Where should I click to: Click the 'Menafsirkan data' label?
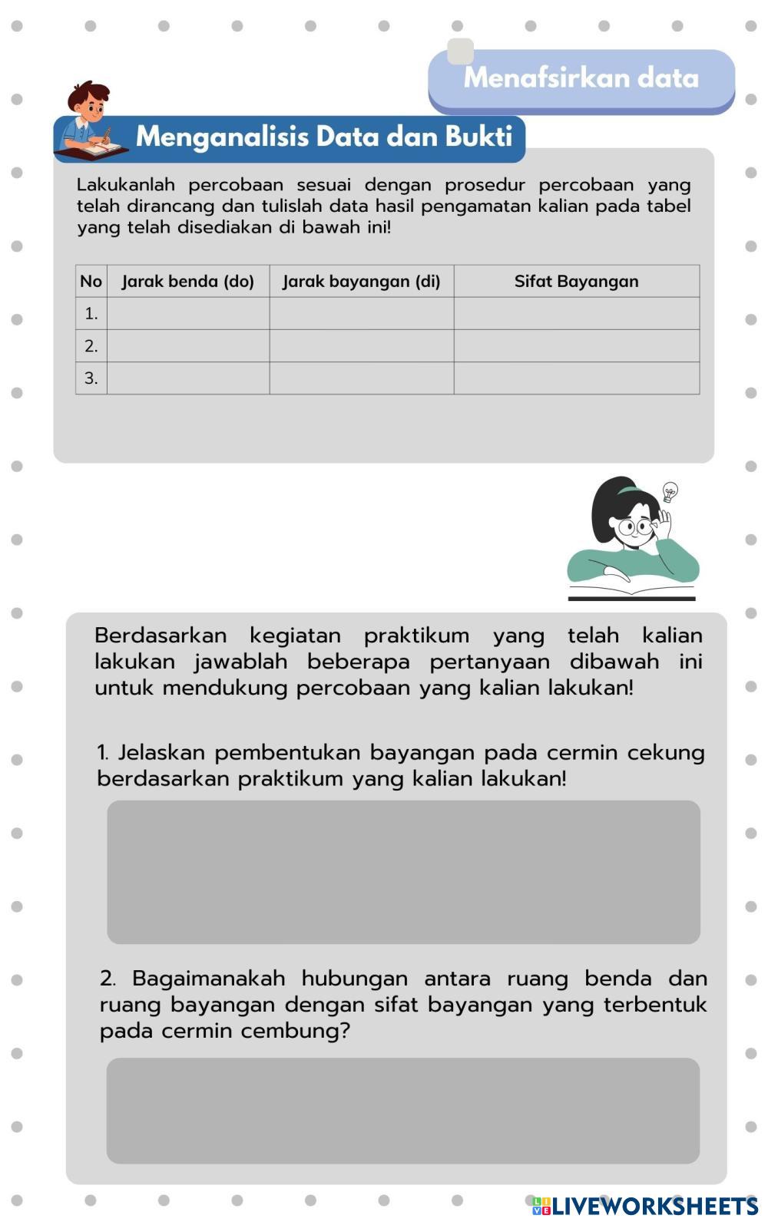click(x=581, y=78)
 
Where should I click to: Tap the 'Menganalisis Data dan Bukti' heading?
click(x=323, y=137)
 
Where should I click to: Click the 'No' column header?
click(x=91, y=282)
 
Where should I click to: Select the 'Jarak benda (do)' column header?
click(x=188, y=282)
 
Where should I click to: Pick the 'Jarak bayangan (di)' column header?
click(x=362, y=282)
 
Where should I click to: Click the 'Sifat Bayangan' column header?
click(x=576, y=282)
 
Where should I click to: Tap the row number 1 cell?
click(x=91, y=314)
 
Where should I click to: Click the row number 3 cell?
click(x=91, y=378)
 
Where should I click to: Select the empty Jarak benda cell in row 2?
click(x=188, y=346)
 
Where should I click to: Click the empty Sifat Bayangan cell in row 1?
click(x=576, y=314)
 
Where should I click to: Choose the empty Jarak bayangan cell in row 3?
click(x=362, y=378)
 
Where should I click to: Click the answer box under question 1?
click(x=403, y=872)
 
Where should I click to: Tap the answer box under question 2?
click(x=403, y=1111)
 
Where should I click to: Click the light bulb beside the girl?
click(x=670, y=492)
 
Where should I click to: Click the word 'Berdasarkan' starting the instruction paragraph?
click(x=161, y=636)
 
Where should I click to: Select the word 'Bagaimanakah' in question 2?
click(x=209, y=979)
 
